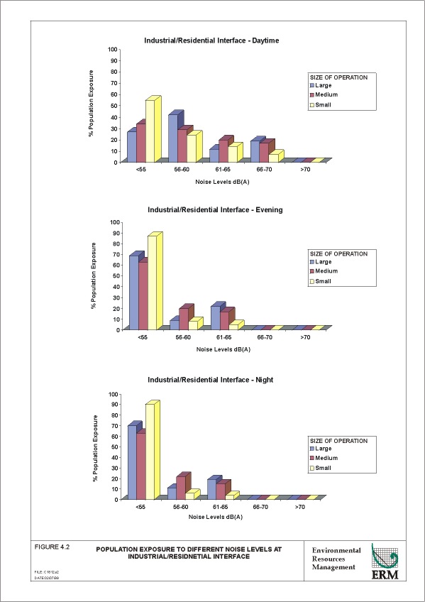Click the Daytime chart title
(x=211, y=40)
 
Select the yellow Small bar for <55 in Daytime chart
(x=150, y=130)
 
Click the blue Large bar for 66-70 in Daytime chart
(x=255, y=150)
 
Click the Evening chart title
(x=215, y=210)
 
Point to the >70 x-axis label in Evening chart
(x=304, y=336)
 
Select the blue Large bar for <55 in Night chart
(x=131, y=462)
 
